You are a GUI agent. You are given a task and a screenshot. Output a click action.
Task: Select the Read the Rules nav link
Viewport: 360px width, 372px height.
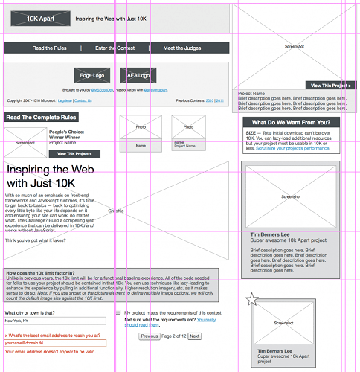tap(50, 48)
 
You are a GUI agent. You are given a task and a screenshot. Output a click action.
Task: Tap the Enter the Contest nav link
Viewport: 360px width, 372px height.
tap(115, 48)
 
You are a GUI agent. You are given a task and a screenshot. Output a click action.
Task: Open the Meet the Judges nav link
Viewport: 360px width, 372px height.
tap(183, 48)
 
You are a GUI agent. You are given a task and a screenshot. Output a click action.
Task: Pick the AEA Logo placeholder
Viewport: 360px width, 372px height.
tap(138, 75)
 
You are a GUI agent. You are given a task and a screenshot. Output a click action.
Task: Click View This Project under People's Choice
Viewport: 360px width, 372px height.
tap(74, 153)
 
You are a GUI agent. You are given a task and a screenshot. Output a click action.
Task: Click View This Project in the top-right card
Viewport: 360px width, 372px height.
tap(331, 86)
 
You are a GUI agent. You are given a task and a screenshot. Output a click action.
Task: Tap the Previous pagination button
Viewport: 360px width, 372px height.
tap(150, 336)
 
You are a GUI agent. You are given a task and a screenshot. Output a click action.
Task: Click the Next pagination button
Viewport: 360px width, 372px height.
tap(195, 336)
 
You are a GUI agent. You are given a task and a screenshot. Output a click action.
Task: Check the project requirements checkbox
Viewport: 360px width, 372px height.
tap(118, 313)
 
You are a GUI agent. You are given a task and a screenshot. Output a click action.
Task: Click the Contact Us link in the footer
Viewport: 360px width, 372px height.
tap(83, 100)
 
